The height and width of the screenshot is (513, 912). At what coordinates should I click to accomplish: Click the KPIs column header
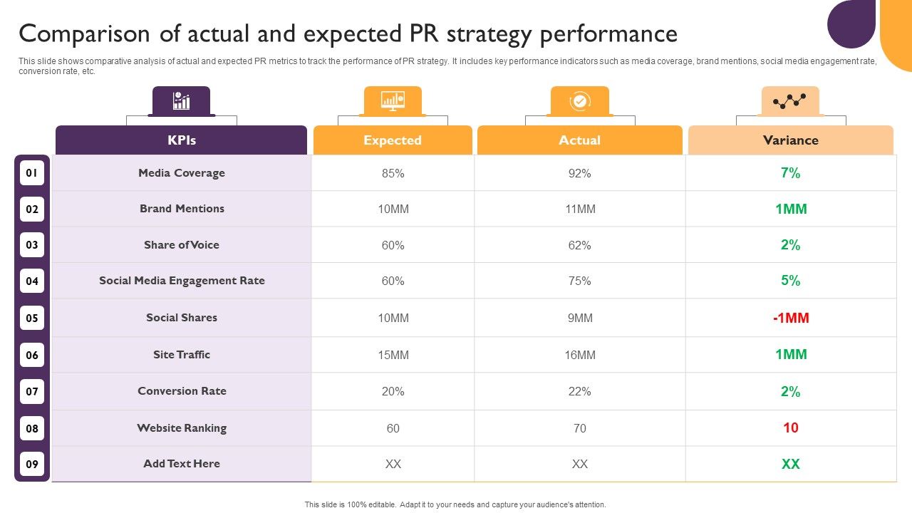coord(182,140)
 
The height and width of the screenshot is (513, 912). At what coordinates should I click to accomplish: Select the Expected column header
coord(393,140)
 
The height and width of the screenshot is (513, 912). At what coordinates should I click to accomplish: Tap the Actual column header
coord(579,140)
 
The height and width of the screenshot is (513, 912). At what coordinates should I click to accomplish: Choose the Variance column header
coord(790,140)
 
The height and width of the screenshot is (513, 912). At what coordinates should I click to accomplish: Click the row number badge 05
coord(32,318)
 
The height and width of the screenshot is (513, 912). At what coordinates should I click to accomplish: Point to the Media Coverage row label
coord(182,173)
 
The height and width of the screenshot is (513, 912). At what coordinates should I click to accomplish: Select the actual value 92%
coord(579,173)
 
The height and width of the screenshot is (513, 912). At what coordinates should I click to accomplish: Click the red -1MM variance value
coord(791,318)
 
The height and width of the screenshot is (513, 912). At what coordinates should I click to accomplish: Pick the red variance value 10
coord(791,428)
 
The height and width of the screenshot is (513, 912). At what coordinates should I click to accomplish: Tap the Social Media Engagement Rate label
coord(182,281)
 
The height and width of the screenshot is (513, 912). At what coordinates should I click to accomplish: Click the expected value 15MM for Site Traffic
coord(393,355)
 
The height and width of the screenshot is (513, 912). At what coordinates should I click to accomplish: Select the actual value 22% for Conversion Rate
coord(579,391)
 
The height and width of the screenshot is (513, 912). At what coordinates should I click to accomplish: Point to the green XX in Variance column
coord(791,464)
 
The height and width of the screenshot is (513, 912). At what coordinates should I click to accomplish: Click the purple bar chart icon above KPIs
coord(181,101)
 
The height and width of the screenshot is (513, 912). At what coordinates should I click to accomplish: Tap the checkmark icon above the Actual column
coord(579,101)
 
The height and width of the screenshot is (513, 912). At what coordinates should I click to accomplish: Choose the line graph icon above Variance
coord(789,101)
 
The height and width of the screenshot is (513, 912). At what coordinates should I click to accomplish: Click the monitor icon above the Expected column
coord(393,101)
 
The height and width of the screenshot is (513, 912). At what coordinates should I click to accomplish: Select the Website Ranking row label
coord(182,428)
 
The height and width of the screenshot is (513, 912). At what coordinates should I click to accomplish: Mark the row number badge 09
coord(32,464)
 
